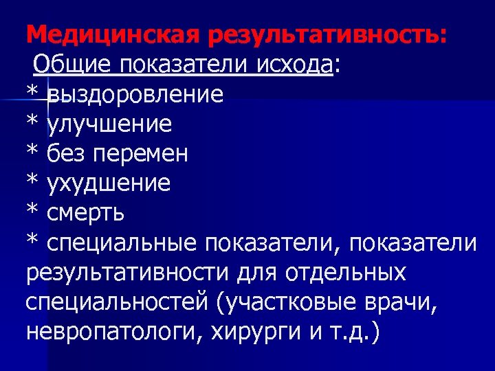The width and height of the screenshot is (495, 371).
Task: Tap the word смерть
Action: pos(86,213)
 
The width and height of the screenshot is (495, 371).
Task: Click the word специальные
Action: pos(122,243)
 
